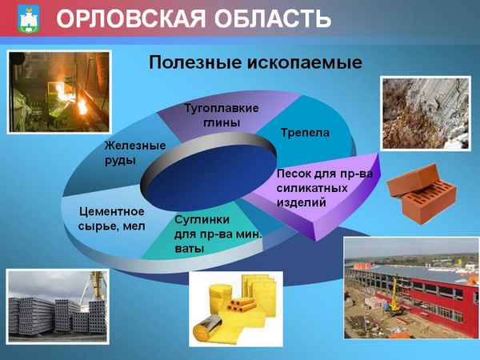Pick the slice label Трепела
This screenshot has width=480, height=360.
click(x=305, y=131)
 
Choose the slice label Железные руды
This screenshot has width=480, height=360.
click(x=134, y=153)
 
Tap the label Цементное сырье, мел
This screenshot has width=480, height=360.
click(x=112, y=218)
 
